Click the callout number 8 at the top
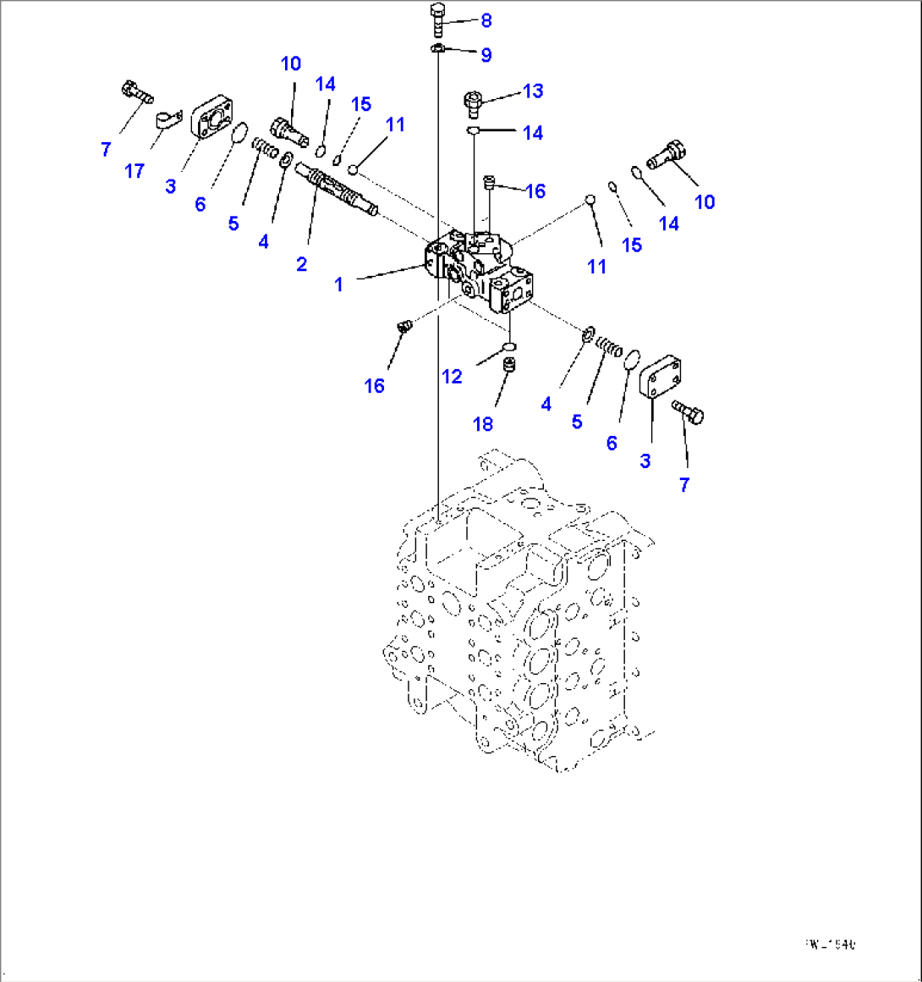coord(486,20)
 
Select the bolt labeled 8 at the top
coord(437,19)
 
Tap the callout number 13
coord(533,91)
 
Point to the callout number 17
coord(134,171)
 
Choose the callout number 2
coord(301,264)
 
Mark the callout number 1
coord(338,284)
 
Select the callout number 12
coord(453,376)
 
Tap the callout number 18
coord(483,423)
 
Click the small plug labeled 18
coord(509,366)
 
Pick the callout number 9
coord(486,55)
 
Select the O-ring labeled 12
coord(508,345)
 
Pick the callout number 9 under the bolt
coord(486,55)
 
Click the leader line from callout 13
coord(502,97)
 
